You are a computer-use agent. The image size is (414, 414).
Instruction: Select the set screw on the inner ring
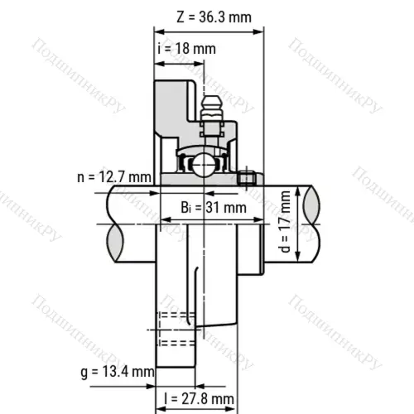(244, 178)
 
